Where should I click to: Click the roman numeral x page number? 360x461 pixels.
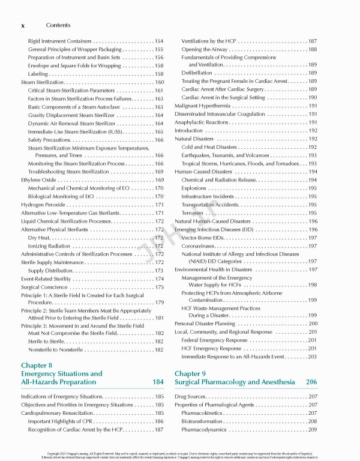pyautogui.click(x=23, y=26)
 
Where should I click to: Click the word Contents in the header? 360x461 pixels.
pyautogui.click(x=58, y=26)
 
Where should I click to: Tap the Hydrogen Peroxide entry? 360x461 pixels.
pyautogui.click(x=43, y=205)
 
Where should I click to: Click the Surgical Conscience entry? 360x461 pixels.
pyautogui.click(x=46, y=287)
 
